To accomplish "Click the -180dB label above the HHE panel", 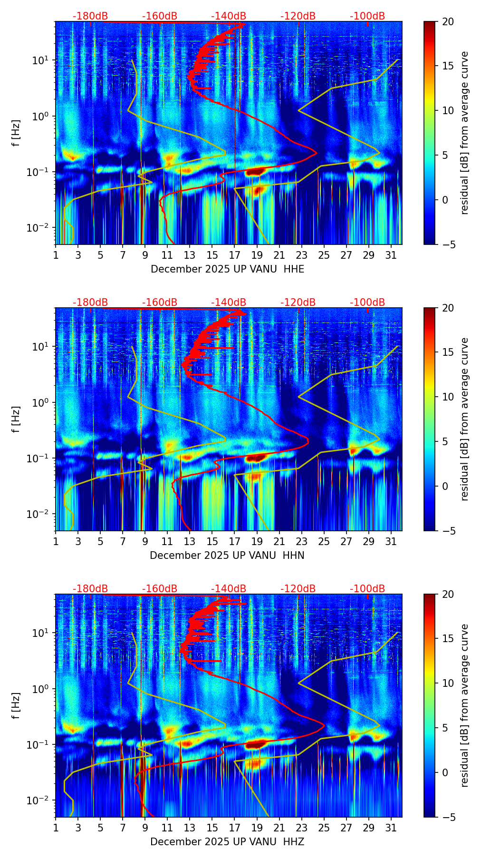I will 90,16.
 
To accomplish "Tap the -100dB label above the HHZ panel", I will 367,589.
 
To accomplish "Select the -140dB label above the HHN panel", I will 229,303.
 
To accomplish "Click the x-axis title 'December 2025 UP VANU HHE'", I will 227,269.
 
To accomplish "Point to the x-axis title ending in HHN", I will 227,556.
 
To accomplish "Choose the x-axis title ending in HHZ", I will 227,842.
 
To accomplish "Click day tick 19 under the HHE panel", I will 257,255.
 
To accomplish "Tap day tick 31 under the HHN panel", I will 391,541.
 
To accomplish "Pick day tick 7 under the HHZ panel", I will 123,828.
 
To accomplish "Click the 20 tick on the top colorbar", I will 448,21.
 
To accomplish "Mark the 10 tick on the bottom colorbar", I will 448,683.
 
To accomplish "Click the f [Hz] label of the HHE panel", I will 16,133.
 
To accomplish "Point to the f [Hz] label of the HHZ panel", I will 16,706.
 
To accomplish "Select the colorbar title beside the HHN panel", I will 465,419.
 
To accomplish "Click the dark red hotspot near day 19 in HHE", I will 255,172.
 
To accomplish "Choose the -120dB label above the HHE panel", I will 298,16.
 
